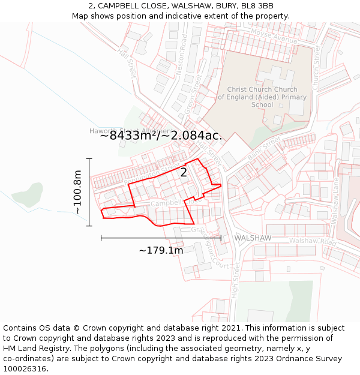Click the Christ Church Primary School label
[x=262, y=97]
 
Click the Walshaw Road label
[x=312, y=241]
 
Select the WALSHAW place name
[x=253, y=238]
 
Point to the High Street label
[x=235, y=281]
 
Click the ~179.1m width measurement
[x=161, y=250]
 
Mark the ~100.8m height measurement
[x=77, y=192]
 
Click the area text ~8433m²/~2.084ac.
[x=161, y=136]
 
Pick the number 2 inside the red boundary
[x=184, y=173]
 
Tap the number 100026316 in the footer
[x=25, y=369]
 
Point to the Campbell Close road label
[x=167, y=204]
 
